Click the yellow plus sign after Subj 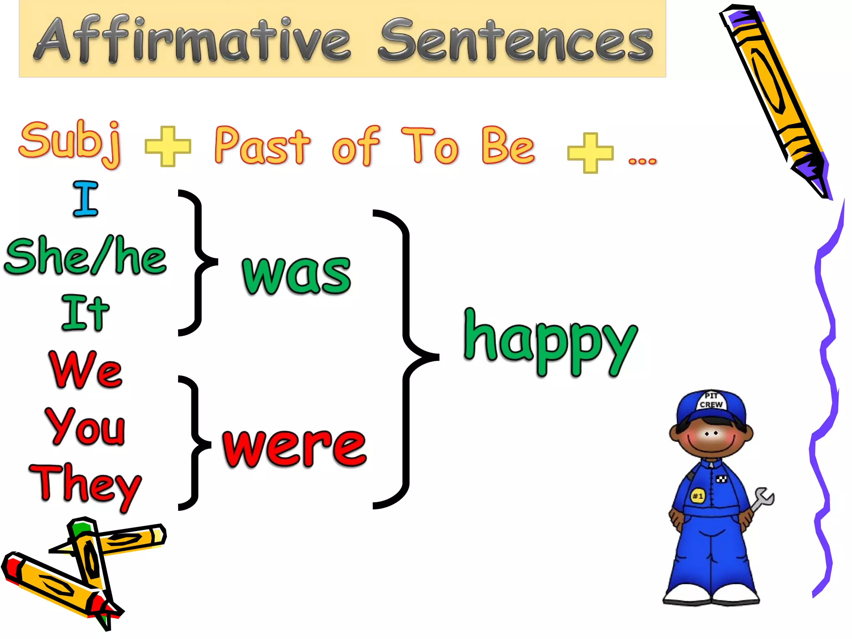click(168, 146)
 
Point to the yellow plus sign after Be click(590, 153)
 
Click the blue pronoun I click(86, 199)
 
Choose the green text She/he click(85, 256)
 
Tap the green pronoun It click(85, 313)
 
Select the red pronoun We click(86, 369)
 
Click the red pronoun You click(85, 426)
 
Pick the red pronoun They click(85, 485)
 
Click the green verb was click(297, 275)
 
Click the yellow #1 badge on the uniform click(698, 496)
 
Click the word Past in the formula click(262, 146)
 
